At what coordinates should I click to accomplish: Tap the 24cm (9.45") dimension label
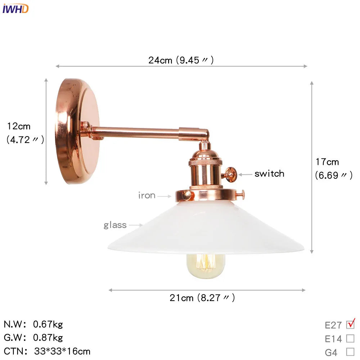181,60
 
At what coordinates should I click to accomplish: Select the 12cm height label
19,126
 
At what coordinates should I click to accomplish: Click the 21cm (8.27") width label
202,298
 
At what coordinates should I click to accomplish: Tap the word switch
269,174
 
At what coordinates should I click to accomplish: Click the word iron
147,195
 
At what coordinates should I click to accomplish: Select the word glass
115,225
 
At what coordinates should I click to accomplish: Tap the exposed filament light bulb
205,266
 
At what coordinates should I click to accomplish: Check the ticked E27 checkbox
350,325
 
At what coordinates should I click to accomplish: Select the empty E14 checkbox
350,338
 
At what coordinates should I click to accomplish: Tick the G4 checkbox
350,352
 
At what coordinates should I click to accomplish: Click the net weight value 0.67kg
48,324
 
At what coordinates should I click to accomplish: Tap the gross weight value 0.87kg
48,338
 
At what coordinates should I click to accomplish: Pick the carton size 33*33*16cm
62,351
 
